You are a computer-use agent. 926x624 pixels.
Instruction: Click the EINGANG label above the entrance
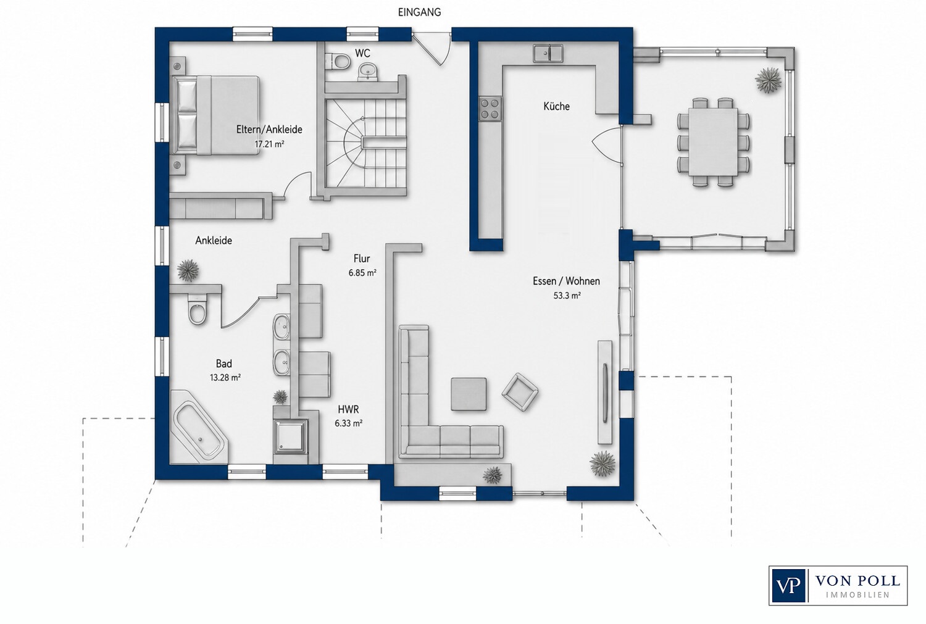[x=419, y=12]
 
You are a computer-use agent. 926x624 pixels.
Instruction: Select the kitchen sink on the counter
[x=548, y=53]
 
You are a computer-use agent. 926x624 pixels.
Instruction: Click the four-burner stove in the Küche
[x=490, y=108]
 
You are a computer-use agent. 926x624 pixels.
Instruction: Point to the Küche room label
[x=556, y=107]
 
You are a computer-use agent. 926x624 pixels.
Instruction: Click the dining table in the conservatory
[x=713, y=142]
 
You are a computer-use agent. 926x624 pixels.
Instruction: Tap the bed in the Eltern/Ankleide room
[x=216, y=115]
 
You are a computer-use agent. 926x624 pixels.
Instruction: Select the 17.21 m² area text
[x=269, y=144]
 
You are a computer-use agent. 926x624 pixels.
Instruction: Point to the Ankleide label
[x=214, y=241]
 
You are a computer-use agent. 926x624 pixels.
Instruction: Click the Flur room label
[x=362, y=259]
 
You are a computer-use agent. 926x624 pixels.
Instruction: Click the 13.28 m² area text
[x=225, y=377]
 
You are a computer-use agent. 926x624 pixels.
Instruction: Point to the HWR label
[x=348, y=410]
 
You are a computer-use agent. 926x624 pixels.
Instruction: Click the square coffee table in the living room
[x=469, y=394]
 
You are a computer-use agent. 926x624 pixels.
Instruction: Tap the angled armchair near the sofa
[x=520, y=392]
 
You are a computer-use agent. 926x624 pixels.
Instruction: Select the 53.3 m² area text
[x=567, y=296]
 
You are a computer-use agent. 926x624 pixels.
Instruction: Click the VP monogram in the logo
[x=788, y=586]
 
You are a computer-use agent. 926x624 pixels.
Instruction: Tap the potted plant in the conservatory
[x=768, y=80]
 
